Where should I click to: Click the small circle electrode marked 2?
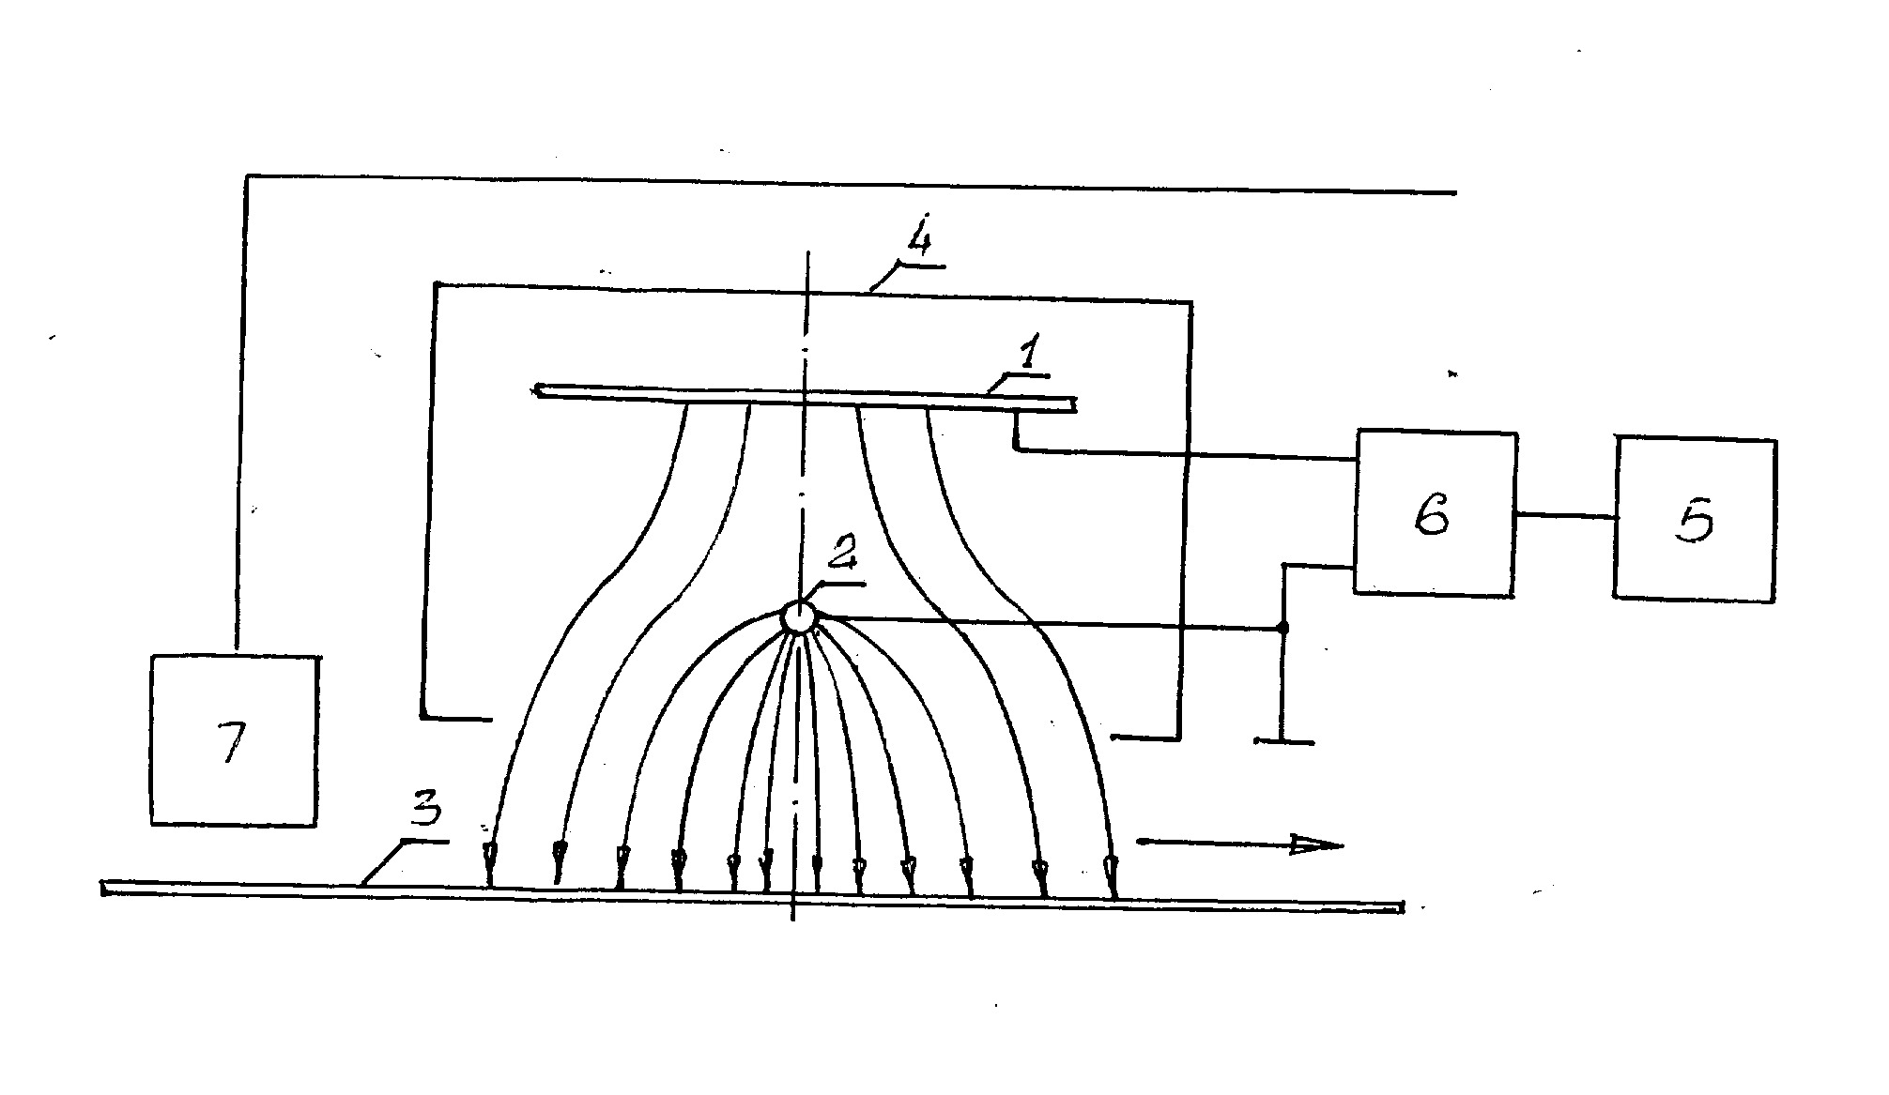pyautogui.click(x=798, y=617)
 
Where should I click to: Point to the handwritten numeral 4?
pyautogui.click(x=917, y=243)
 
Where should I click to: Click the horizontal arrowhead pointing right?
pyautogui.click(x=1314, y=844)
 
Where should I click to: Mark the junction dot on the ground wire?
pyautogui.click(x=1283, y=628)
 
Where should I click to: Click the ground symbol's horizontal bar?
pyautogui.click(x=1284, y=742)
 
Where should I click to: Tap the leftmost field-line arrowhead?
pyautogui.click(x=488, y=853)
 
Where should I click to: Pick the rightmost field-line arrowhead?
pyautogui.click(x=1112, y=862)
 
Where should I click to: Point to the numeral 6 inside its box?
pyautogui.click(x=1432, y=515)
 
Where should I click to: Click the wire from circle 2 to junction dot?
pyautogui.click(x=1046, y=623)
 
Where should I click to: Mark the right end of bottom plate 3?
pyautogui.click(x=1403, y=907)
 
